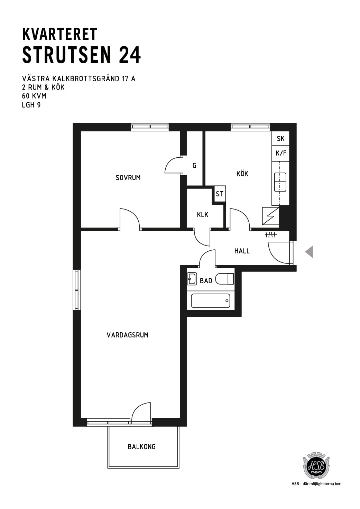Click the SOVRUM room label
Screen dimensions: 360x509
tap(128, 177)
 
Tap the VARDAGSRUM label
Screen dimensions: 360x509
tap(127, 335)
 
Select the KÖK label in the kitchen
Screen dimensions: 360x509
tap(242, 174)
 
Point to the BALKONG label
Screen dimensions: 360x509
tap(141, 447)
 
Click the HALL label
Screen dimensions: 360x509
tap(242, 251)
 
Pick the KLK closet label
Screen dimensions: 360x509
tap(203, 214)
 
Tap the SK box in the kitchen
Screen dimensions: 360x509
tap(280, 138)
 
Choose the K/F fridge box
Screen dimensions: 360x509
tap(280, 154)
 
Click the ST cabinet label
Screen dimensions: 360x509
tap(220, 194)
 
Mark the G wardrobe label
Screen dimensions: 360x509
tap(194, 166)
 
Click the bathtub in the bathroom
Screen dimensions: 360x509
tap(211, 300)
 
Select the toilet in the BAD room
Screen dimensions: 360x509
tap(224, 279)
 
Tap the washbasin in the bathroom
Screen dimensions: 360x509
tap(192, 279)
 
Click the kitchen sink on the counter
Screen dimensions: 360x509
tap(280, 182)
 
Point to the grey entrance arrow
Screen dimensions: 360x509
tap(309, 251)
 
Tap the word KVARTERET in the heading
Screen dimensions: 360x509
tap(60, 34)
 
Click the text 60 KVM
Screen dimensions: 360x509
tap(34, 96)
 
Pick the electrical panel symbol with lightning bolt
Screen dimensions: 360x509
tap(271, 216)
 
